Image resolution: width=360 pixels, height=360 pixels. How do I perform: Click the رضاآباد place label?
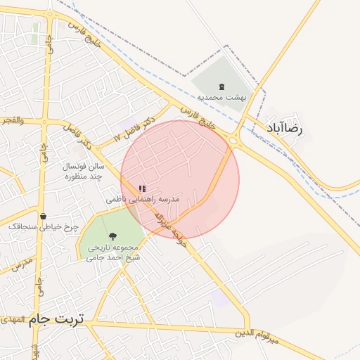284,129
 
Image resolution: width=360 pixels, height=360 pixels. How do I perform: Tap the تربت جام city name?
56,319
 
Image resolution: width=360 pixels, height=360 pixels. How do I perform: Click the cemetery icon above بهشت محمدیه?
221,86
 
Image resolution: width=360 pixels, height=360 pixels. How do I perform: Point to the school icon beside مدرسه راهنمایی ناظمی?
142,188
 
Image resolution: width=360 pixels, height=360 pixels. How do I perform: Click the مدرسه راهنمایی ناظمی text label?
143,200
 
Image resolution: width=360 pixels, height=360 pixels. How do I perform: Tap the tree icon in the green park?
112,236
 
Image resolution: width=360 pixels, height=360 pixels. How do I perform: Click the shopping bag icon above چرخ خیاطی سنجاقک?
44,216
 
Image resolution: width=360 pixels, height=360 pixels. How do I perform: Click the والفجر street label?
12,120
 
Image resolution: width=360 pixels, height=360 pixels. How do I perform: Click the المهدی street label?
12,320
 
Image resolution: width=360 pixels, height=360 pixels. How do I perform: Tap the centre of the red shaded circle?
180,179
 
